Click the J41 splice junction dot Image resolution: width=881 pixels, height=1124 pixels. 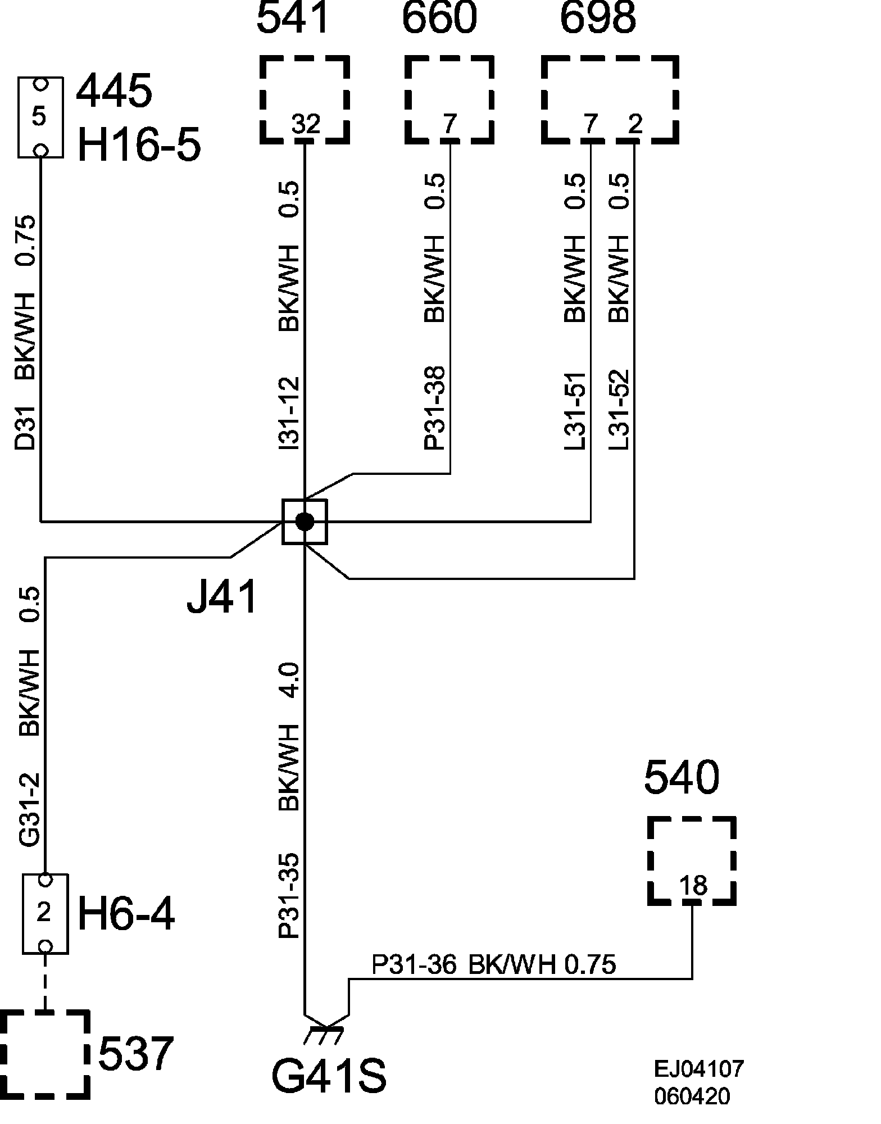305,522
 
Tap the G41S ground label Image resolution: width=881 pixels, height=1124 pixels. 329,1076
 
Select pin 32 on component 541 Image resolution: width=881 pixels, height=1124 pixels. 306,124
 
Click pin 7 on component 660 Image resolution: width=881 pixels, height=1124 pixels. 449,124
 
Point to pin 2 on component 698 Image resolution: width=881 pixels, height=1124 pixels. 635,124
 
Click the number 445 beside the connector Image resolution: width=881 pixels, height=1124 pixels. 113,92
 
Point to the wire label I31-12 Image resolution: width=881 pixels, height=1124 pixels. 290,413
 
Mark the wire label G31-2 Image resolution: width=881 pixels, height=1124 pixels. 30,810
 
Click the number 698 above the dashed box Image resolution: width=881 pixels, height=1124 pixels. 598,18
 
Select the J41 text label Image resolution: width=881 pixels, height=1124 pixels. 222,596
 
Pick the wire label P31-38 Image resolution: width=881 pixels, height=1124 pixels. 435,408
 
